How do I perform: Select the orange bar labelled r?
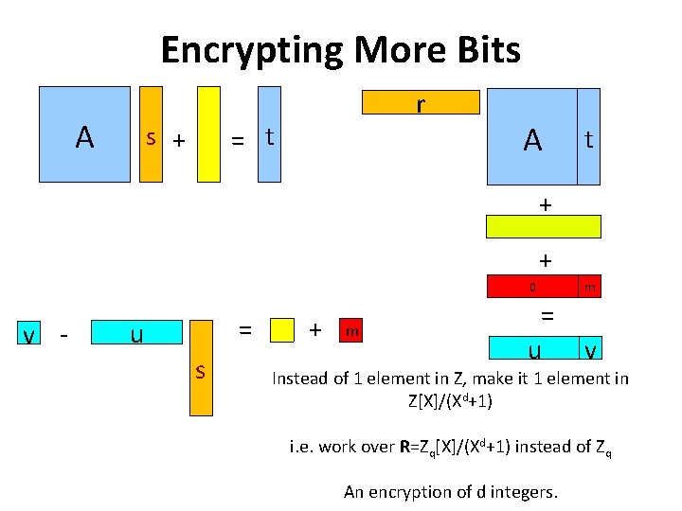coord(421,101)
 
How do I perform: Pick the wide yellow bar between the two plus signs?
coord(543,226)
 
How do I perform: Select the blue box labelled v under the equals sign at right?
coord(589,349)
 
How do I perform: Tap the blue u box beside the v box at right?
coord(532,349)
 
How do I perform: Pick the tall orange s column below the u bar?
coord(201,369)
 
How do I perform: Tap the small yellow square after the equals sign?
coord(281,330)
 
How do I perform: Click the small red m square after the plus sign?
coord(351,330)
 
